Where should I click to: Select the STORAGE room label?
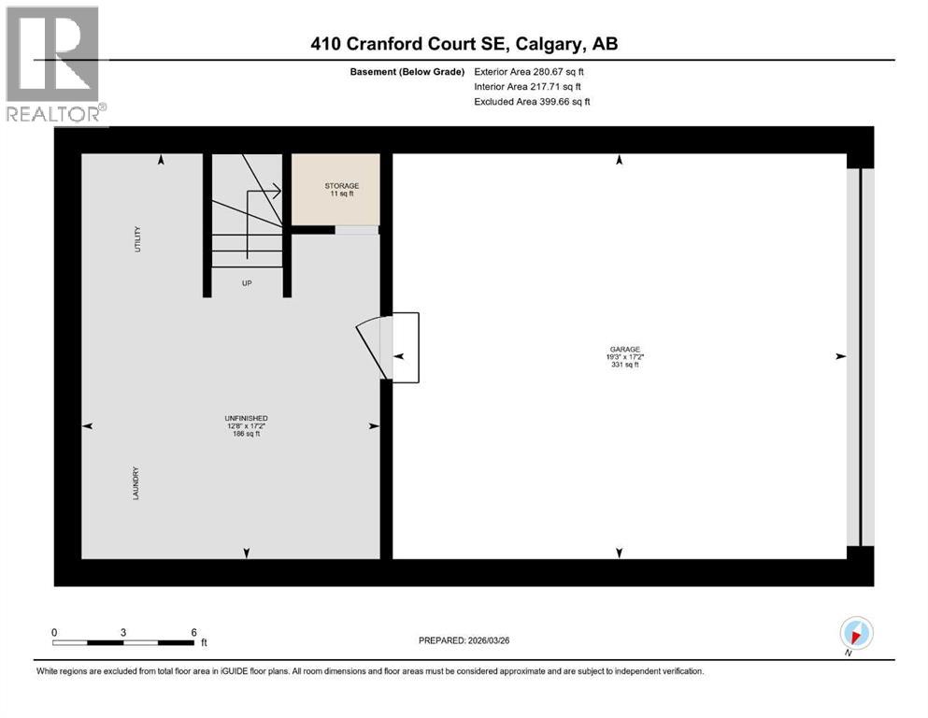tap(336, 186)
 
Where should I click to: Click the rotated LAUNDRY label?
tap(136, 482)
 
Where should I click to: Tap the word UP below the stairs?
tap(247, 281)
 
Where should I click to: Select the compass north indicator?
tap(856, 634)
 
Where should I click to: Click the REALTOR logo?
tap(55, 65)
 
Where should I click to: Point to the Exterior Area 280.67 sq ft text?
tap(531, 71)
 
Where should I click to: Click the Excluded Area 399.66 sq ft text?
tap(532, 101)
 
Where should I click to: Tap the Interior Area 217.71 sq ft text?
tap(527, 86)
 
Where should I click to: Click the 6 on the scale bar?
tap(193, 632)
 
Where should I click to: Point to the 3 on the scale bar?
tap(123, 632)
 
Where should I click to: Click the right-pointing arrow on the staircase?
tap(276, 192)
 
